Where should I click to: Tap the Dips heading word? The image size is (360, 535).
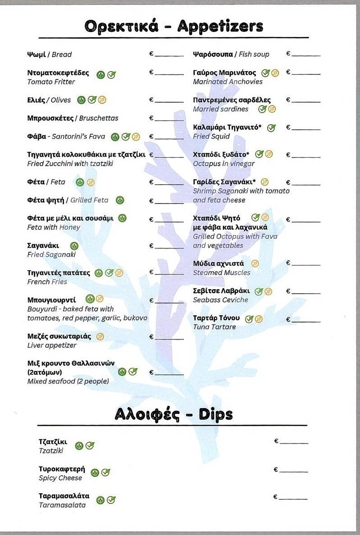(x=216, y=414)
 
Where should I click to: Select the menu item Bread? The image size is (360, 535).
(x=62, y=54)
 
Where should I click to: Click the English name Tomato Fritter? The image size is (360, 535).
(x=51, y=82)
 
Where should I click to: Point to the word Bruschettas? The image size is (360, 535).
(x=99, y=118)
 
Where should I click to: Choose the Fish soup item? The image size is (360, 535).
(x=254, y=54)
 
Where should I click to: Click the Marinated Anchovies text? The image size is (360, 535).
(x=228, y=82)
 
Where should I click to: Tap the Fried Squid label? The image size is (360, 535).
(x=211, y=136)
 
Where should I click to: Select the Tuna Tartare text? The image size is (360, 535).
(x=214, y=327)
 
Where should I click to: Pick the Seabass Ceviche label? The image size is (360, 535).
(x=221, y=300)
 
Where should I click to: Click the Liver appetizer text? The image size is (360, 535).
(x=52, y=345)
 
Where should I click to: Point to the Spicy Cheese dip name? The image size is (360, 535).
(x=60, y=478)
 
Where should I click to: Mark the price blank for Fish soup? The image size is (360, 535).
(x=306, y=54)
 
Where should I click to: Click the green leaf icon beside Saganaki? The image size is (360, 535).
(x=74, y=246)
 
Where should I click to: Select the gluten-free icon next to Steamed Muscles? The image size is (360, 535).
(x=255, y=263)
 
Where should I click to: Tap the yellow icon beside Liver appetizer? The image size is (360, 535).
(x=100, y=336)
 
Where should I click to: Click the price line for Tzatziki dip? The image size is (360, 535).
(x=293, y=443)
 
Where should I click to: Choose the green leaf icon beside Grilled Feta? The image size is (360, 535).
(x=120, y=200)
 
